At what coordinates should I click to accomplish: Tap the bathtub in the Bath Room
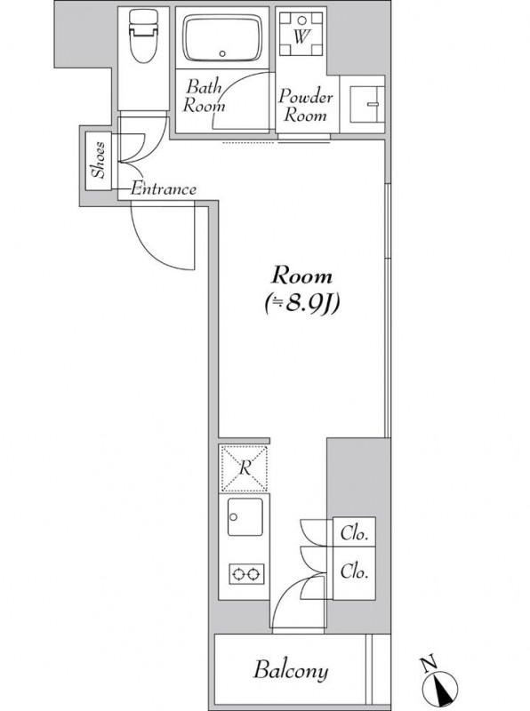tap(222, 38)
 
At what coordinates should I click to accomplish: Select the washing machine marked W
tap(301, 34)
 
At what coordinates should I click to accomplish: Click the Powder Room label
tap(305, 105)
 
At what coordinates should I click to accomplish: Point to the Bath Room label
tap(204, 96)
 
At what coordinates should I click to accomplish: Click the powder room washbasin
tap(367, 104)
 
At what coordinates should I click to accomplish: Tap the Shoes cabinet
tap(99, 161)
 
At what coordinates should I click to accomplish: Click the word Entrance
tap(164, 188)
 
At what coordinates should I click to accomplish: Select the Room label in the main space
tap(301, 276)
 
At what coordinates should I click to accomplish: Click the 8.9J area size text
tap(301, 304)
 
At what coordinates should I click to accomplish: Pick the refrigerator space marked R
tap(245, 468)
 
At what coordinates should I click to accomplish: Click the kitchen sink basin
tap(245, 516)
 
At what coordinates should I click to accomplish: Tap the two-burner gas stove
tap(246, 574)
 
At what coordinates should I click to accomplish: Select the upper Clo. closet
tap(354, 531)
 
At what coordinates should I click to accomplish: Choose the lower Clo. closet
tap(354, 573)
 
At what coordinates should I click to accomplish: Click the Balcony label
tap(291, 670)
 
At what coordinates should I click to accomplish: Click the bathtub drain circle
tap(222, 53)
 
